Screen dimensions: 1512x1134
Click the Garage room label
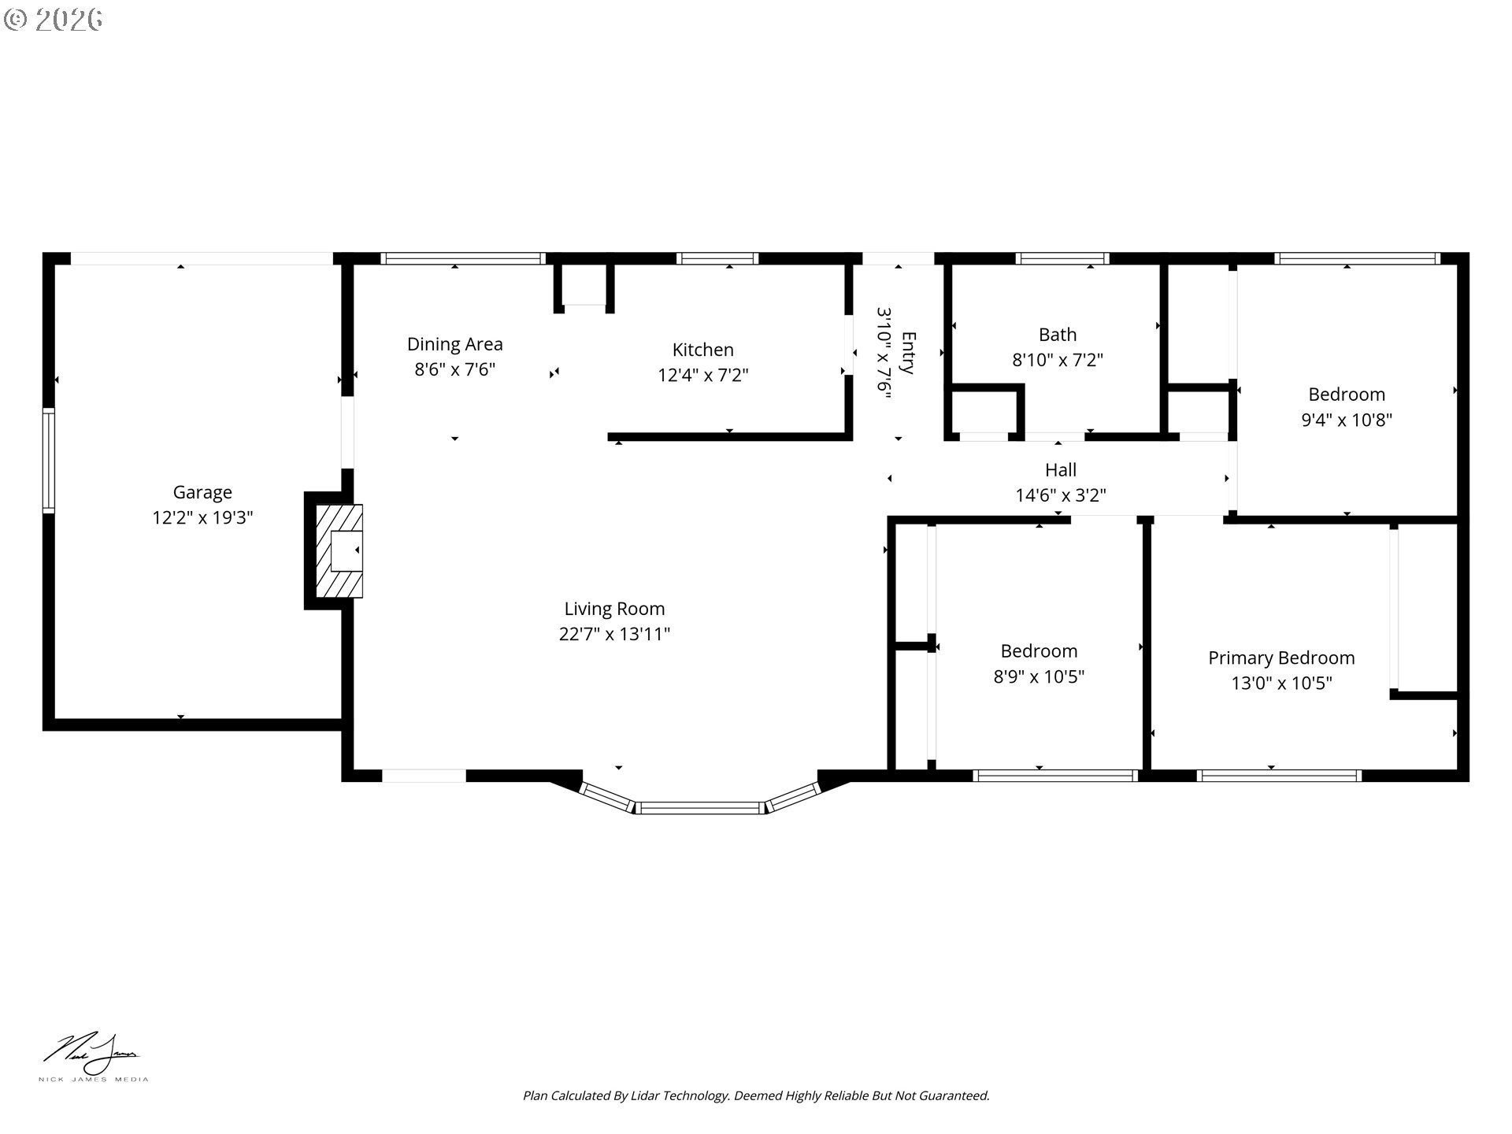[x=202, y=493]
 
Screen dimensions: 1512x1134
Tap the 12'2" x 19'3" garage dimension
[x=202, y=518]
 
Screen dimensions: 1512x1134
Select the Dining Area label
[x=454, y=344]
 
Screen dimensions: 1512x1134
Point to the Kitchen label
[x=702, y=350]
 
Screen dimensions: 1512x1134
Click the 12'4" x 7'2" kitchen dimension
[x=702, y=375]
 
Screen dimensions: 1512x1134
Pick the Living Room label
[x=614, y=609]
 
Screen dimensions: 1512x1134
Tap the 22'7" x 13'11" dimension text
[x=614, y=634]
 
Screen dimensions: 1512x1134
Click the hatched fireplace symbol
[x=339, y=550]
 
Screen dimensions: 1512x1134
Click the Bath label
[x=1058, y=335]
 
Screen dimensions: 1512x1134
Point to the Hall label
[x=1061, y=470]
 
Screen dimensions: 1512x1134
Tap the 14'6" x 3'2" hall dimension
[x=1061, y=495]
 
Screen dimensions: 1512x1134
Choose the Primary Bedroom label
[x=1281, y=658]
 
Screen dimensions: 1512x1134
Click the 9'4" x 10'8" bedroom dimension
[x=1347, y=420]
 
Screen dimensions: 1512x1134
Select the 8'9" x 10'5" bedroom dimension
[x=1039, y=676]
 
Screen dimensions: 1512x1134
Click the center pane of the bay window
[x=700, y=807]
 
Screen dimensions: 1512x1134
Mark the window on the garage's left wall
[x=49, y=461]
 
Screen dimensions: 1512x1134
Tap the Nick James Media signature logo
[x=93, y=1058]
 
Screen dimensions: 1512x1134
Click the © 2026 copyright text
[x=53, y=19]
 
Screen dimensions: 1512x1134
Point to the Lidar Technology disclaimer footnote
[x=756, y=1095]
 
